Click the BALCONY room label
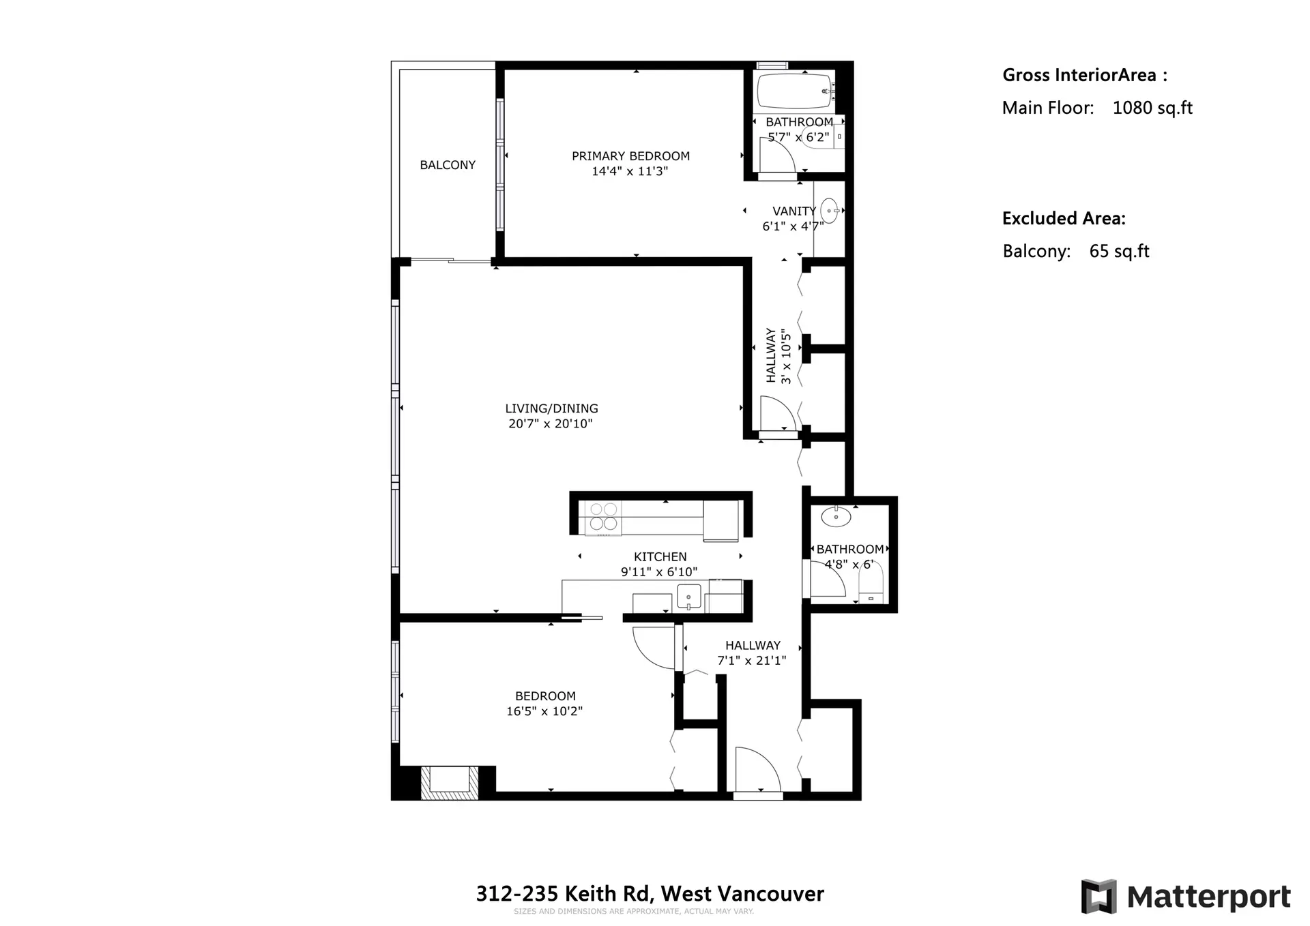click(x=448, y=165)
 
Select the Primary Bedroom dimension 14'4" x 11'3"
click(x=630, y=171)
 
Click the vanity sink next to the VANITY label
click(x=829, y=211)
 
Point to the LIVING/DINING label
click(x=551, y=408)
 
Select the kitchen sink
click(x=689, y=597)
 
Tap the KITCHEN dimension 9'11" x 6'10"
click(x=659, y=572)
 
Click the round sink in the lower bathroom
click(x=836, y=517)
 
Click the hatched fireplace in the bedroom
click(x=448, y=782)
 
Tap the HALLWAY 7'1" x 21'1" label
click(x=752, y=653)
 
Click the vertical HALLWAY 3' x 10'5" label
click(x=778, y=356)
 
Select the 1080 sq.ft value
click(x=1152, y=108)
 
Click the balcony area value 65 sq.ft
click(x=1119, y=251)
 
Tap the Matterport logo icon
click(x=1098, y=896)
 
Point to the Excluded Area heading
click(x=1063, y=218)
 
